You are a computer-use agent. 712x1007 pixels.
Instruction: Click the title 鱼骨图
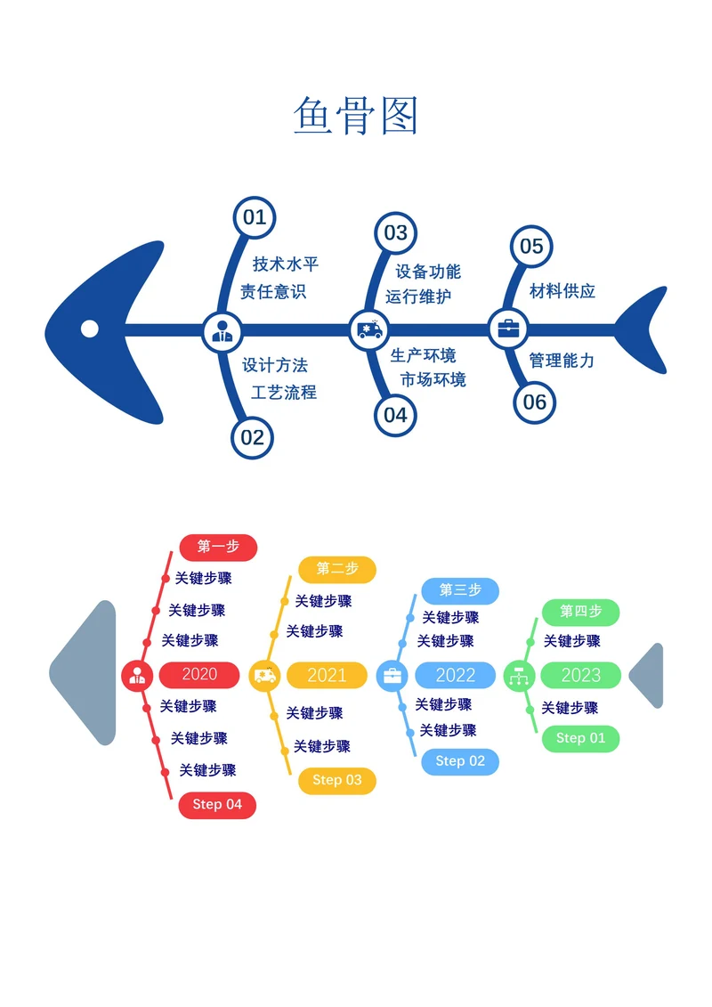pos(356,116)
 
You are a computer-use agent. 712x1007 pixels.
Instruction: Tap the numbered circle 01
pos(255,218)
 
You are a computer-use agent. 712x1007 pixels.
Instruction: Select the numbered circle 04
pos(395,416)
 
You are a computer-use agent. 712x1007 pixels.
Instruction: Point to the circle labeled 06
pos(535,402)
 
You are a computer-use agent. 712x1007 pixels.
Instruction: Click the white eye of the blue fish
pos(90,329)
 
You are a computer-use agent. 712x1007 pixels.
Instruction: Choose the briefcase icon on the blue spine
pos(508,329)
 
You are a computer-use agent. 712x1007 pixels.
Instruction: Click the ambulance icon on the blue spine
pos(369,330)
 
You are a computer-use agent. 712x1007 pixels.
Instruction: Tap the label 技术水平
pos(286,264)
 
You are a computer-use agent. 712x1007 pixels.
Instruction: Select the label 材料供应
pos(562,291)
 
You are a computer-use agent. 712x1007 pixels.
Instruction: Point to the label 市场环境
pos(433,379)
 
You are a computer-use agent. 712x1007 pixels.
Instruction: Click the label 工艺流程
pos(284,393)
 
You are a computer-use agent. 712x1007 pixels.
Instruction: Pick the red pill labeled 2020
pos(199,674)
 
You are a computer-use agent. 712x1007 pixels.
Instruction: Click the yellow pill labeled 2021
pos(327,675)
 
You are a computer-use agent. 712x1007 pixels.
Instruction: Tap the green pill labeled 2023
pos(581,675)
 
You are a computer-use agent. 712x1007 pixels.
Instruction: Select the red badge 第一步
pos(218,548)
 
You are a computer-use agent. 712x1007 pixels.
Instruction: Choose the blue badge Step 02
pos(460,761)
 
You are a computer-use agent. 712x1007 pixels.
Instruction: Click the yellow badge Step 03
pos(337,781)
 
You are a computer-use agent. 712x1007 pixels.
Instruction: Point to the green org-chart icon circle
pos(519,676)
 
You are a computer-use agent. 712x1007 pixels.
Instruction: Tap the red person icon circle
pos(137,676)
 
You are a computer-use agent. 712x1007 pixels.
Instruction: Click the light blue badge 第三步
pos(460,590)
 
